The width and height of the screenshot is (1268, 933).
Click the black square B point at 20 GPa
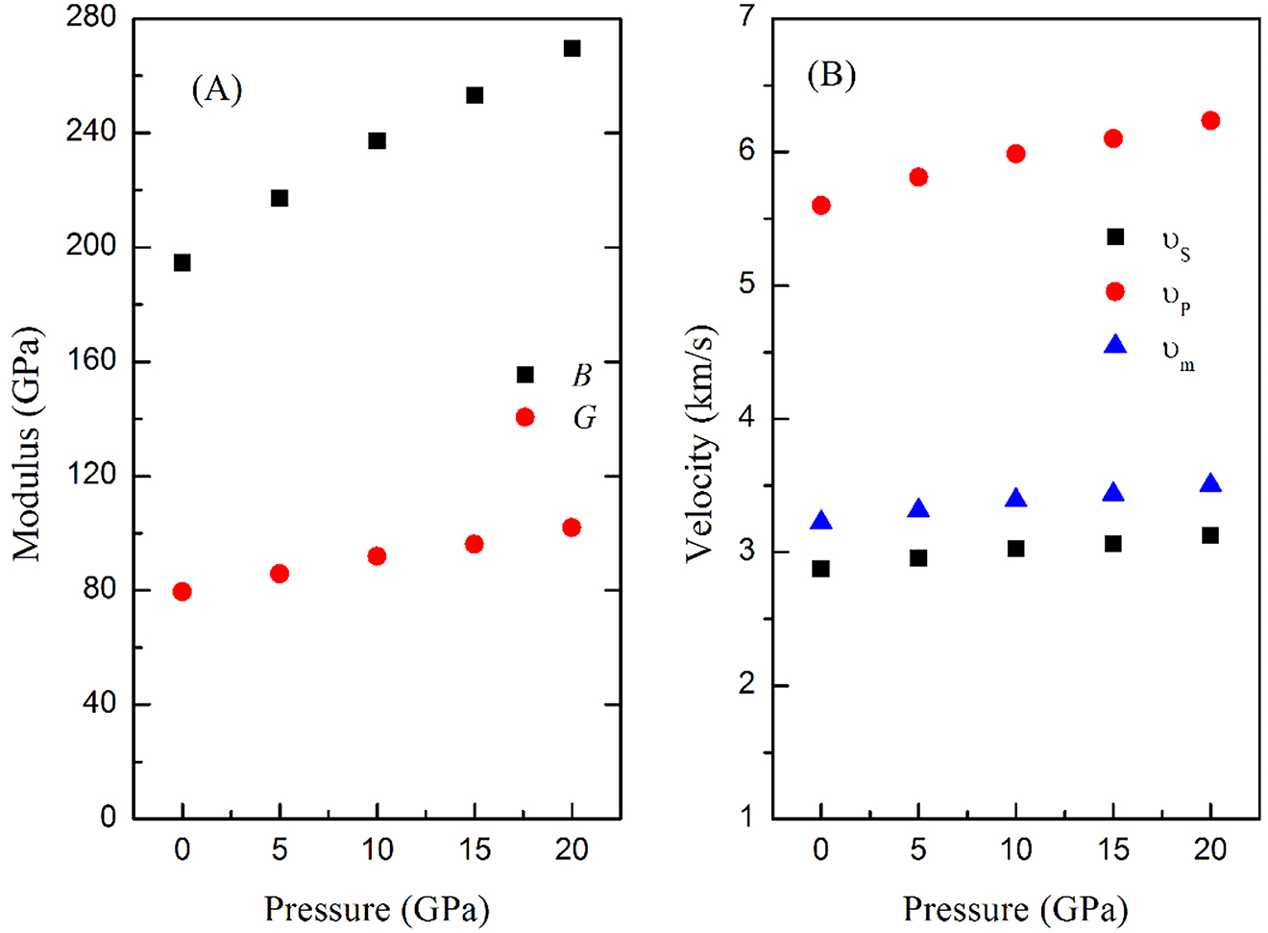(x=572, y=48)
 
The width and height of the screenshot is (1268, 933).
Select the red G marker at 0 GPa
(x=182, y=591)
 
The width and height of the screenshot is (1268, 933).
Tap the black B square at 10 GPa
(x=377, y=141)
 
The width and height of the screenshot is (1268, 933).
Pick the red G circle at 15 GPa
(x=474, y=544)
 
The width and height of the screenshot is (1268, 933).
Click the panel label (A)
(x=217, y=89)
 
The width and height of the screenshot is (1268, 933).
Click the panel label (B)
(x=831, y=74)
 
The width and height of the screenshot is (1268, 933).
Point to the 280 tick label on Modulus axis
(x=91, y=17)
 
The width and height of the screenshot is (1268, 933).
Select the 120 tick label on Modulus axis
(x=91, y=475)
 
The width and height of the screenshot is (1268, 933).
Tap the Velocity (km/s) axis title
(x=700, y=444)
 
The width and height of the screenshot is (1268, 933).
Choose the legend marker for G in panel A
(x=524, y=417)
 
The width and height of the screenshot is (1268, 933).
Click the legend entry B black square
(x=524, y=374)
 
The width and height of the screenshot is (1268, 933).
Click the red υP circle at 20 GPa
(x=1210, y=120)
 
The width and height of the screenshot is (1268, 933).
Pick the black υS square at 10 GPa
(x=1015, y=549)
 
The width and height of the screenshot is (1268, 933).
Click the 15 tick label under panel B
(x=1112, y=849)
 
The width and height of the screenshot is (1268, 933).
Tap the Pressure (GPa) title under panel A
(x=377, y=908)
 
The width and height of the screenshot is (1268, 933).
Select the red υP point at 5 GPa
(x=918, y=177)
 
